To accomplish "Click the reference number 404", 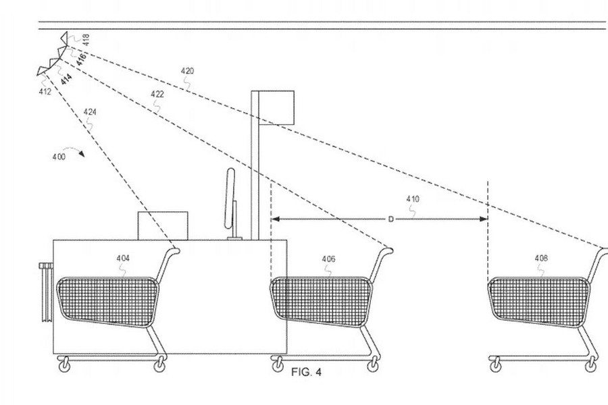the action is pyautogui.click(x=123, y=258).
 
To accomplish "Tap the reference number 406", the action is pyautogui.click(x=328, y=259).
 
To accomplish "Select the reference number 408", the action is pyautogui.click(x=541, y=258).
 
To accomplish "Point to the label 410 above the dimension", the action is pyautogui.click(x=412, y=199).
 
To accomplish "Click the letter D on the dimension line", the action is pyautogui.click(x=391, y=219).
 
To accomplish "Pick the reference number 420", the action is pyautogui.click(x=187, y=71).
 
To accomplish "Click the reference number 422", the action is pyautogui.click(x=157, y=94).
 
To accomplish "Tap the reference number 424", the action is pyautogui.click(x=89, y=111).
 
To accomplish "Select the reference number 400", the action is pyautogui.click(x=59, y=157).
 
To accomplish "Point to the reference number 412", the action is pyautogui.click(x=45, y=92).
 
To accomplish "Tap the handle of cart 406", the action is pyautogui.click(x=387, y=251).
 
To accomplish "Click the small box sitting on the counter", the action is pyautogui.click(x=162, y=225).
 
